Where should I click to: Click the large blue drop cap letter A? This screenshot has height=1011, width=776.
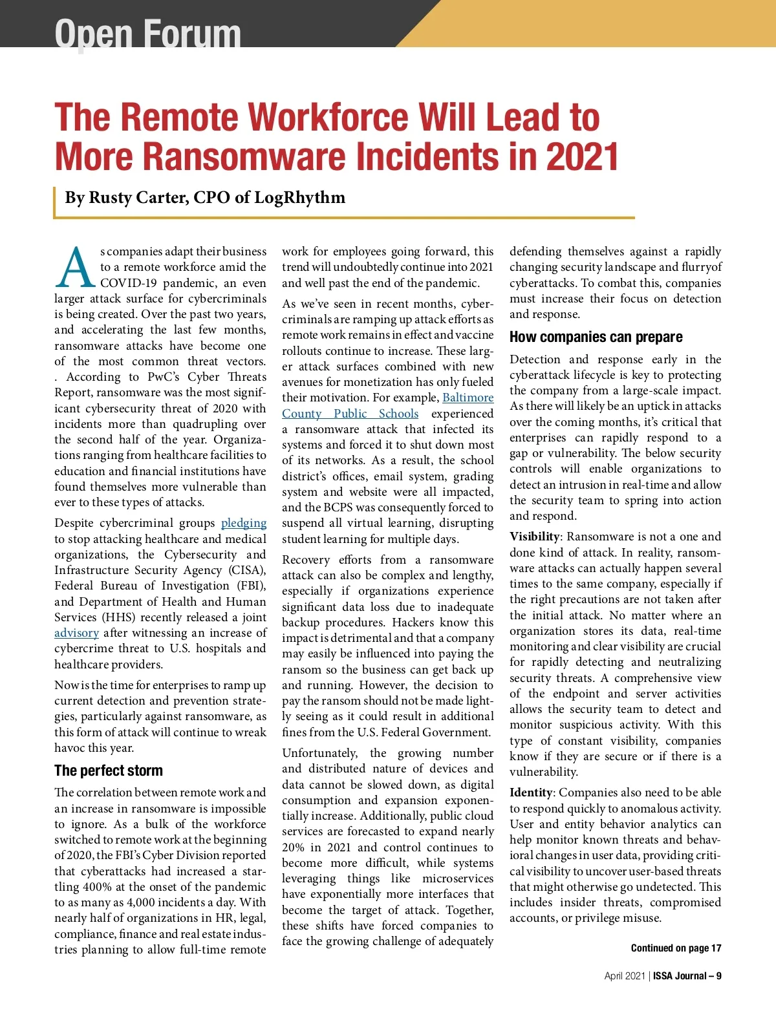[x=75, y=268]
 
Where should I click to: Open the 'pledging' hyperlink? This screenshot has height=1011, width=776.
[x=244, y=523]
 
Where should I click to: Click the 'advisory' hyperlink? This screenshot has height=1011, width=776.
[x=76, y=633]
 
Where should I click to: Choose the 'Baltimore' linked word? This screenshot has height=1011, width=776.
[x=468, y=398]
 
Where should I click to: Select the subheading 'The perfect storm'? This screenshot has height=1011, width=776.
[x=109, y=771]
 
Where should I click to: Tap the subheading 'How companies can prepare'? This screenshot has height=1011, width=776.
[x=596, y=337]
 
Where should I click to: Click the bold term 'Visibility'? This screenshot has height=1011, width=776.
[x=534, y=537]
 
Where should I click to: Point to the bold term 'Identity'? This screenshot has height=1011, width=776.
[x=531, y=793]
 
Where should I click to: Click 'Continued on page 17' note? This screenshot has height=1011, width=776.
[x=676, y=948]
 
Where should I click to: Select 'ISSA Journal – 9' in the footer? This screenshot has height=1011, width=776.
[x=687, y=976]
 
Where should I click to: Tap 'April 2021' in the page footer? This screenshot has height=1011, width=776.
[x=624, y=976]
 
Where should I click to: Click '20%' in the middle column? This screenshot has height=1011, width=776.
[x=293, y=847]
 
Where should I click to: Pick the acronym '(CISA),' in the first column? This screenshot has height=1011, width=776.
[x=247, y=570]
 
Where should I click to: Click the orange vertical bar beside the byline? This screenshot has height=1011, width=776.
[x=55, y=202]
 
